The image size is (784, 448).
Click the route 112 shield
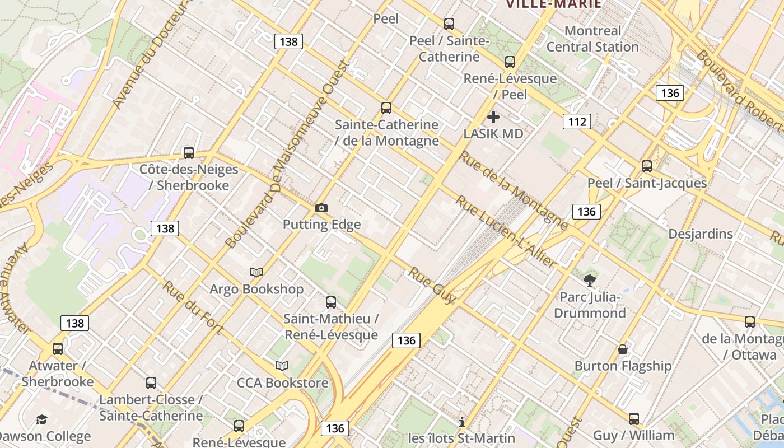(x=577, y=122)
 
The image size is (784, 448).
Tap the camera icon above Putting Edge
(x=321, y=208)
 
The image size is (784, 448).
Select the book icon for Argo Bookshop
(x=256, y=273)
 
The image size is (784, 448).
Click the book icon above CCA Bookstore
(x=282, y=366)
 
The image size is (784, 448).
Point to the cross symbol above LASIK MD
(x=493, y=117)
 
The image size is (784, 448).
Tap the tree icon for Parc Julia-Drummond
(x=589, y=281)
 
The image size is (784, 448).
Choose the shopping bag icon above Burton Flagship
(x=622, y=350)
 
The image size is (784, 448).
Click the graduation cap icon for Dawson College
(x=41, y=420)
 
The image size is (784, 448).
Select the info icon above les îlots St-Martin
(x=462, y=422)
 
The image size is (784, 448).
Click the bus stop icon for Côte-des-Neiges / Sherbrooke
(x=189, y=153)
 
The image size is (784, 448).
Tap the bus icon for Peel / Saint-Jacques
(x=647, y=166)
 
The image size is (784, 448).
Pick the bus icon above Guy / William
(x=633, y=419)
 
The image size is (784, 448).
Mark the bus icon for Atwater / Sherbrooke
(x=58, y=349)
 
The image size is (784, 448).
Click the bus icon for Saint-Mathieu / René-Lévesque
(x=331, y=302)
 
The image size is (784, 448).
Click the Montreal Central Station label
(x=592, y=39)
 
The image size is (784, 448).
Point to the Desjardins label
(x=700, y=234)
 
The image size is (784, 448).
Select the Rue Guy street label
(x=432, y=285)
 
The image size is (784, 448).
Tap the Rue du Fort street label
(x=193, y=307)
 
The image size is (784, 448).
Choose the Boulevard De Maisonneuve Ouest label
(x=287, y=154)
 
